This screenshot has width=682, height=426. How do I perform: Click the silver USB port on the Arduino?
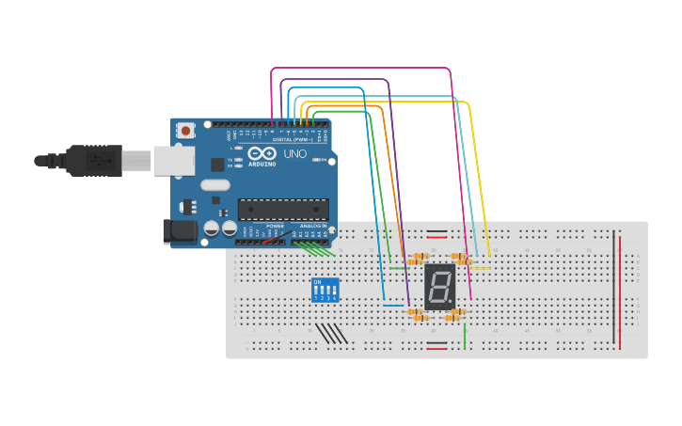[178, 161]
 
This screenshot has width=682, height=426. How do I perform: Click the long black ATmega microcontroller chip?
[283, 209]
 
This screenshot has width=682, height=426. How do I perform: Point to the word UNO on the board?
[294, 153]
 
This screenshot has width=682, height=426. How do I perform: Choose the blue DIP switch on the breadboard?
[325, 290]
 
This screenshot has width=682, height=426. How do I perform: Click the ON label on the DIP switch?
[317, 281]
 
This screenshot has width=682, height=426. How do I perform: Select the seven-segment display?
[439, 286]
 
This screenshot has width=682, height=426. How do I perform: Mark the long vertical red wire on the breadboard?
[620, 290]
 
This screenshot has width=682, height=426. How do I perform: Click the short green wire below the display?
[465, 336]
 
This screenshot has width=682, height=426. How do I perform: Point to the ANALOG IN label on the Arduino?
[313, 227]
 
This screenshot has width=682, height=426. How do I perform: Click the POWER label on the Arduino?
[275, 227]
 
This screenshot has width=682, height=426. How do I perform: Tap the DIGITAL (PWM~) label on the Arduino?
[292, 139]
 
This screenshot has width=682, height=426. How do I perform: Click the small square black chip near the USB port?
[218, 164]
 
